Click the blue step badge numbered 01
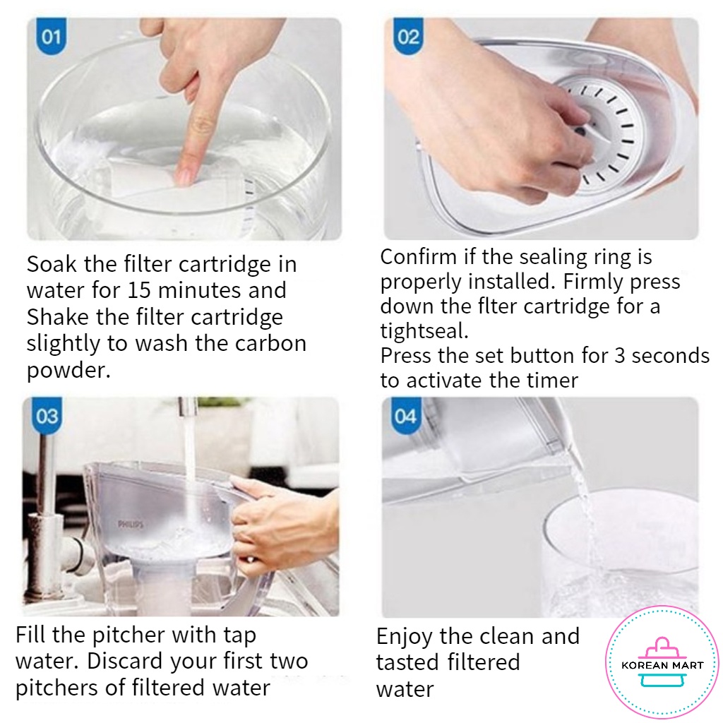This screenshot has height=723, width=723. (x=51, y=36)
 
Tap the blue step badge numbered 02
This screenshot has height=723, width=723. (x=407, y=36)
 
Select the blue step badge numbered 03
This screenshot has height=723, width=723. (x=47, y=415)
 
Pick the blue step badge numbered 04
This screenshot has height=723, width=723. (x=405, y=415)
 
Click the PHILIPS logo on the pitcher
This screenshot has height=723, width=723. (x=131, y=525)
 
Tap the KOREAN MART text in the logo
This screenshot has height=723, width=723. (x=662, y=665)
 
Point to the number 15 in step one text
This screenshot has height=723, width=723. (x=139, y=290)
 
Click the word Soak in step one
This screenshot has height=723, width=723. (x=52, y=264)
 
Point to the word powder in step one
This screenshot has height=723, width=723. (x=68, y=371)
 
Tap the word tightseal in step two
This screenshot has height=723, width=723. (x=424, y=330)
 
